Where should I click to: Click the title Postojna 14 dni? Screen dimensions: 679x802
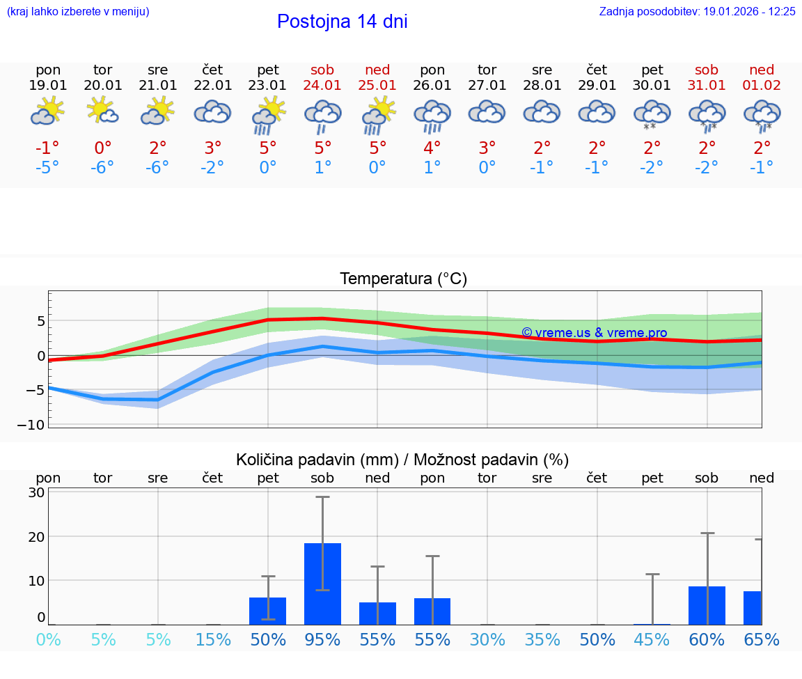coord(342,22)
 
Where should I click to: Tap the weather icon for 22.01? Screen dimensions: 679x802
coord(213,112)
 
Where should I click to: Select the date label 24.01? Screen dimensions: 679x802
coord(322,86)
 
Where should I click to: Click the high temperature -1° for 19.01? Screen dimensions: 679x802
coord(48,148)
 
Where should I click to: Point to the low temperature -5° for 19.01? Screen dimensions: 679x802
coord(48,168)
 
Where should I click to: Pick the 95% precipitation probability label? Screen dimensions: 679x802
coord(322,639)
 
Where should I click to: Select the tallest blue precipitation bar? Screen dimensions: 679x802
coord(322,584)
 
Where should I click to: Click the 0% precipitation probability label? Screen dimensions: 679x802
coord(48,639)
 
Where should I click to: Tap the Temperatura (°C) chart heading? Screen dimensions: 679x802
coord(403,279)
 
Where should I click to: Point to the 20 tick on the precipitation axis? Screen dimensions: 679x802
coord(36,536)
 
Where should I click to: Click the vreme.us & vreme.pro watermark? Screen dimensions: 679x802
coord(594,333)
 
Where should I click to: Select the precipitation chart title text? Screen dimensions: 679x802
coord(402,460)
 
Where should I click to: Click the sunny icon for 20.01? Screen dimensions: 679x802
coord(103,111)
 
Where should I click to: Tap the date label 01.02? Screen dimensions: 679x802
coord(762,86)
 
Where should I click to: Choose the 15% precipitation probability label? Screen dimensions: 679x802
coord(213,639)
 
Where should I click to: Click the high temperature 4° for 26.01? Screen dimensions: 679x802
coord(432,148)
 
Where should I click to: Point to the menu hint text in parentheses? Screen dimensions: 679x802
coord(78,11)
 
